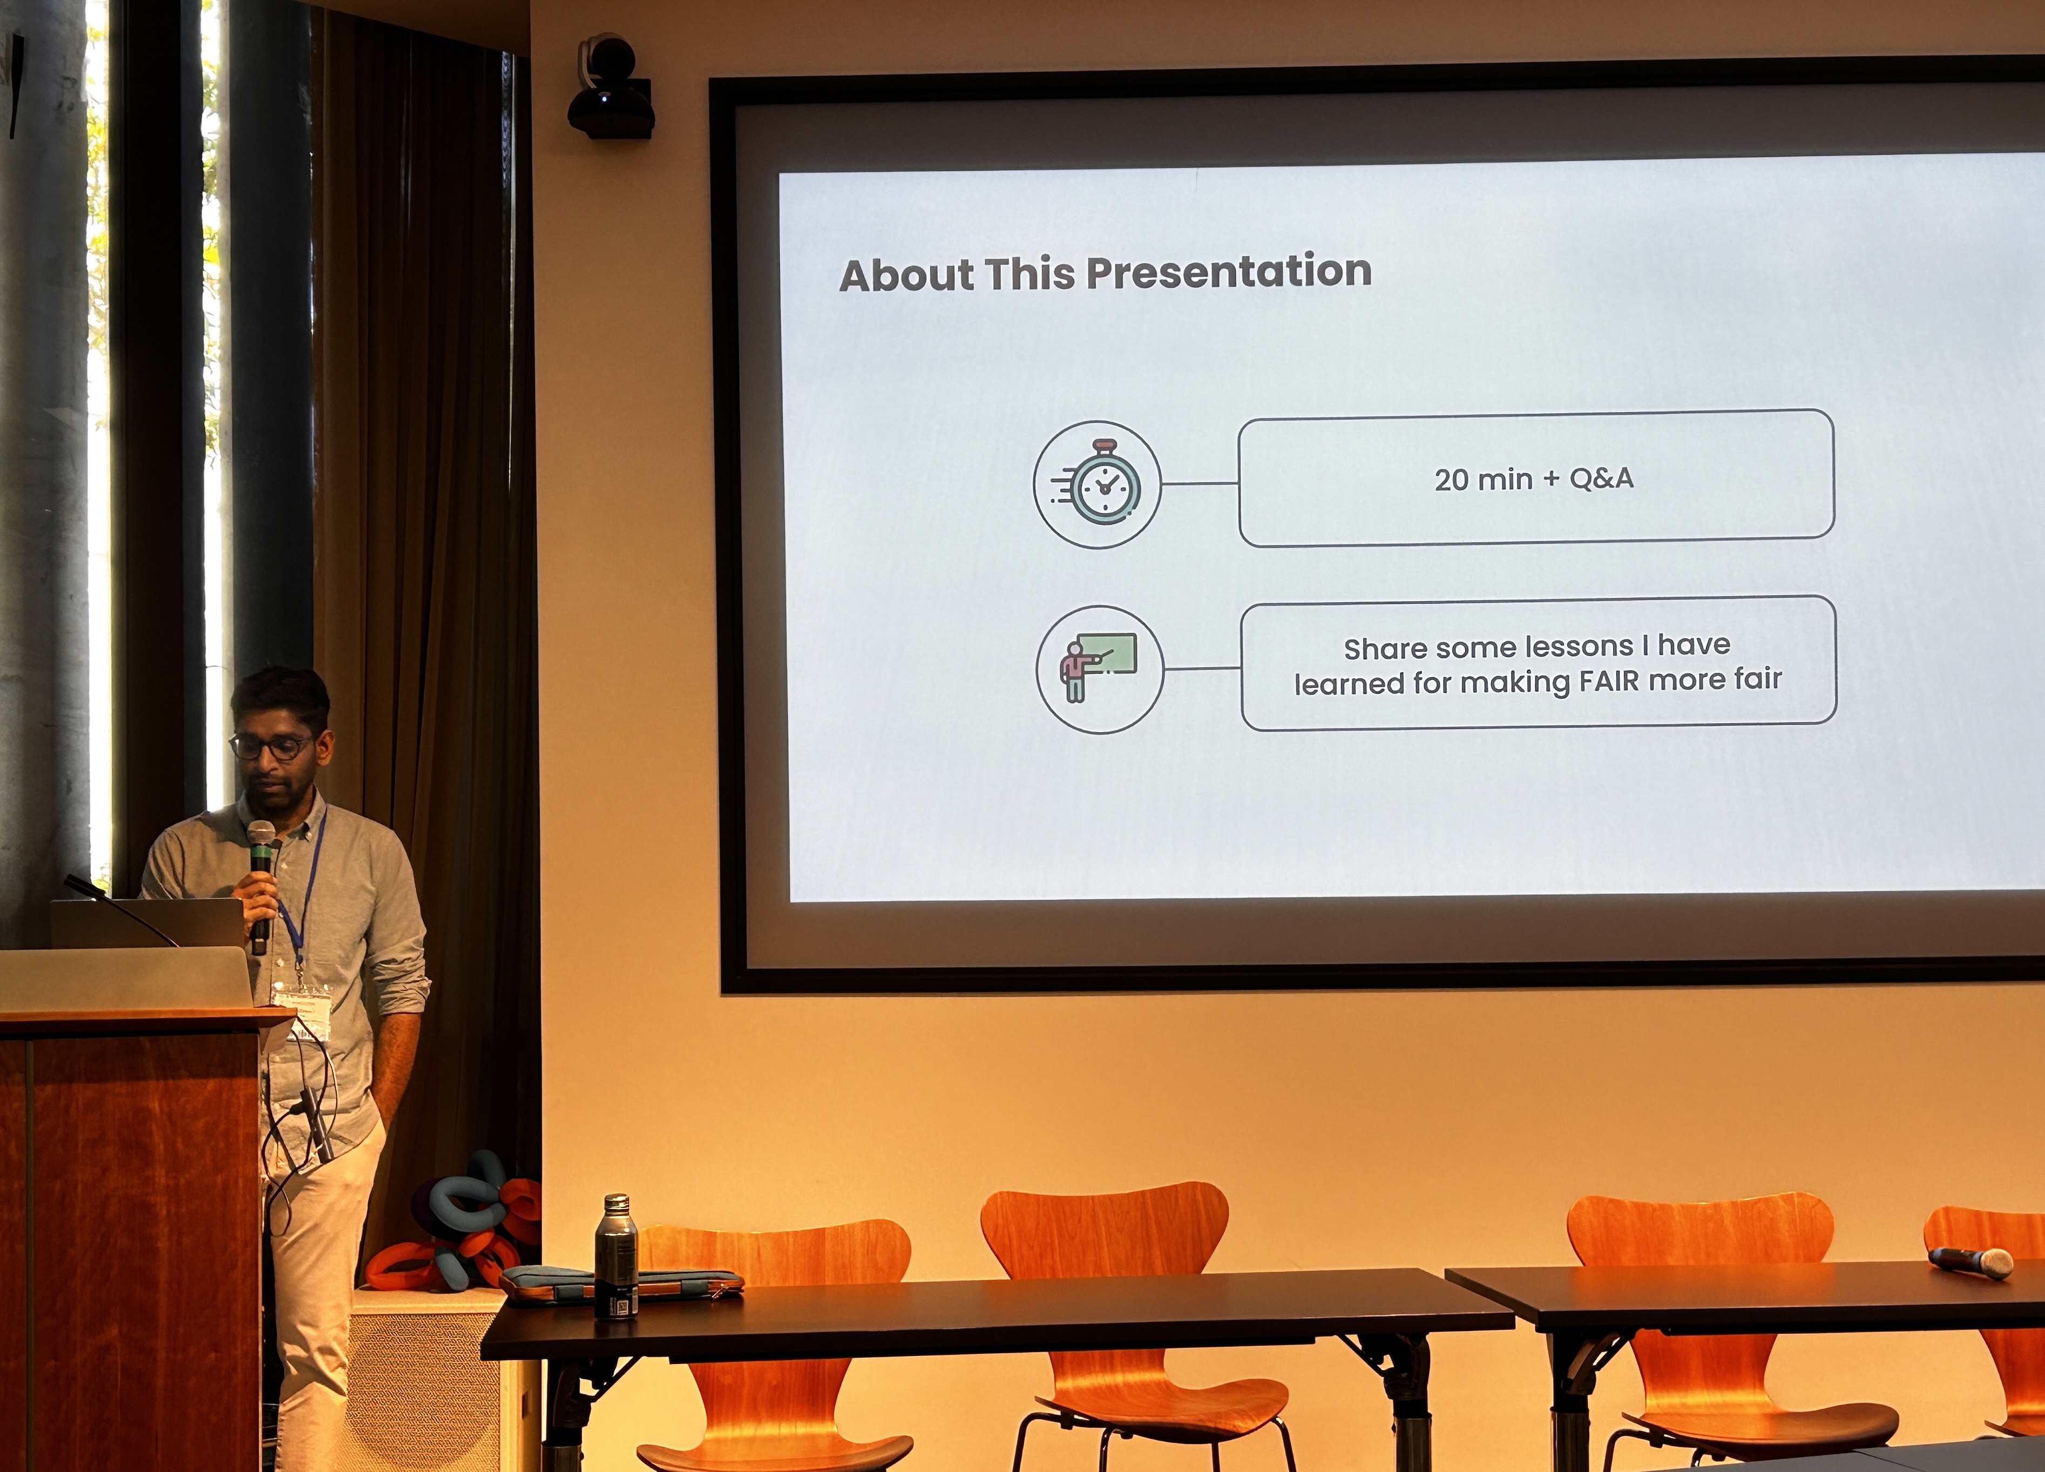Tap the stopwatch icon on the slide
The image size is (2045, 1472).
click(x=1098, y=484)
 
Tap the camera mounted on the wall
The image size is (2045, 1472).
click(x=611, y=87)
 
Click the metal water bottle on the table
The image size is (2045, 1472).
click(x=616, y=1257)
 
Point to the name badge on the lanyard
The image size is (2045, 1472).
click(x=303, y=1008)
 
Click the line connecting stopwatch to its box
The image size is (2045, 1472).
click(x=1200, y=483)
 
